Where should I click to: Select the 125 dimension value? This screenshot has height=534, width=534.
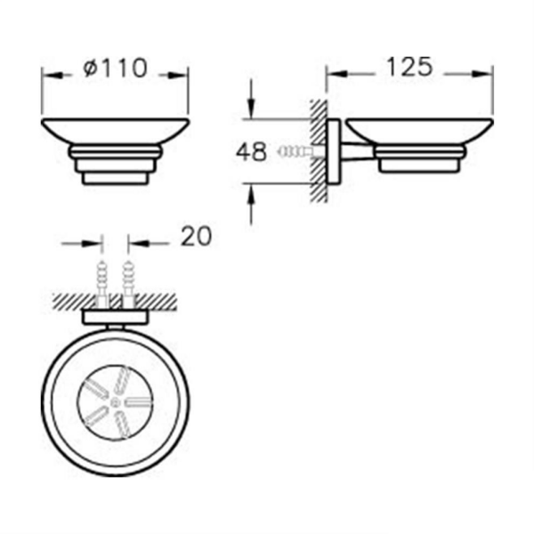(x=409, y=67)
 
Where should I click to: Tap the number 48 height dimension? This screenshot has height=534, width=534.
(x=252, y=152)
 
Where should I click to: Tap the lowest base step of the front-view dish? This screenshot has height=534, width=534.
(x=116, y=177)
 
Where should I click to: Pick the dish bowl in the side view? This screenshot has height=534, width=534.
(x=418, y=132)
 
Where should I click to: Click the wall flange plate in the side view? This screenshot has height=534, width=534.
(x=333, y=151)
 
